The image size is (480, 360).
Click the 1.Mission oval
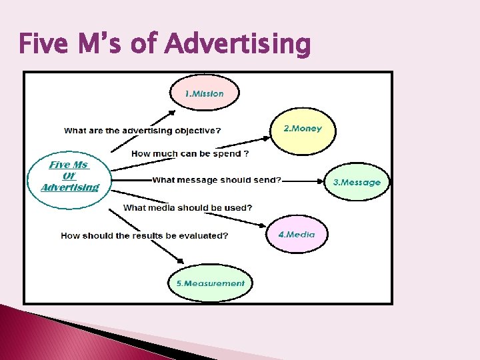coord(205,93)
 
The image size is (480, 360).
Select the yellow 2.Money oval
coord(303,129)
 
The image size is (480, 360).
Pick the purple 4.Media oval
coord(296,234)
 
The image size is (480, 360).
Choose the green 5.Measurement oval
coord(210,283)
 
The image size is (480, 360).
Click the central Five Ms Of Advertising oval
coord(69,176)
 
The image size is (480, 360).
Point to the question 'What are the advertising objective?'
coord(143,131)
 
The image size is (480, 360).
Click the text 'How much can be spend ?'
coord(190,153)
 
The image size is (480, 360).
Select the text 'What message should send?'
coord(217,180)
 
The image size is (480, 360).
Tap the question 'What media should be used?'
coord(188,207)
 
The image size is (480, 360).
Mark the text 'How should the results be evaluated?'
coord(145,235)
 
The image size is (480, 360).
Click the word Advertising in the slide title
coord(237,45)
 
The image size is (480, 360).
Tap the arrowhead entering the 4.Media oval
coord(263,227)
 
